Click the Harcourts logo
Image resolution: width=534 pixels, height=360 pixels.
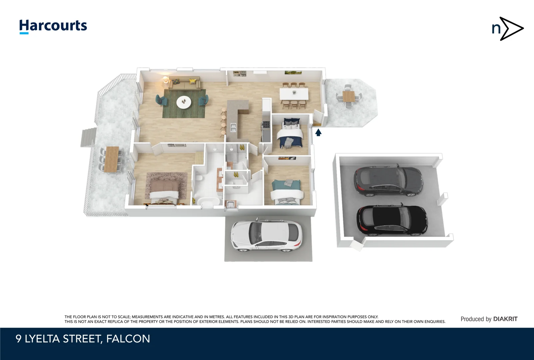(x=53, y=26)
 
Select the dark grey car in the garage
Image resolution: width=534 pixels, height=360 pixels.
(x=388, y=181)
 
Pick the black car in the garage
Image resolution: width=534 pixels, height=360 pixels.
(x=392, y=221)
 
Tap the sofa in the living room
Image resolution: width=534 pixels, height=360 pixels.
(x=184, y=83)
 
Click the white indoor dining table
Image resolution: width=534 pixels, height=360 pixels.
(x=294, y=94)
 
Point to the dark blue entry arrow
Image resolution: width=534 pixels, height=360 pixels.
(x=318, y=133)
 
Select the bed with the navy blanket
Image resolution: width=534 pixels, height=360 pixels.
(x=290, y=135)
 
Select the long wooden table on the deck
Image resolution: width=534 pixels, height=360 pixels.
(x=111, y=159)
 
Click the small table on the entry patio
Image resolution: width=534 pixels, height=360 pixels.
(x=349, y=97)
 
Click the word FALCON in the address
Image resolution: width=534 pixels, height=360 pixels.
(x=128, y=339)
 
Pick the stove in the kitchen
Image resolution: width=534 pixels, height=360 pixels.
(x=266, y=125)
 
